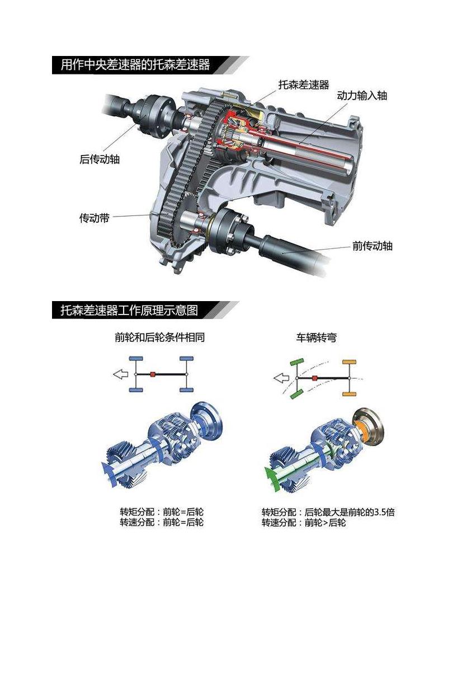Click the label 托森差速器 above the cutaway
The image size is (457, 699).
304,85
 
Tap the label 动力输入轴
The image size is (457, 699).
362,95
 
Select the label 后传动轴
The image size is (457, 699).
100,159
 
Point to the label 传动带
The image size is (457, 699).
95,218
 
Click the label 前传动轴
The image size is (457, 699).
372,246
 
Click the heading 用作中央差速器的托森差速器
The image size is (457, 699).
135,65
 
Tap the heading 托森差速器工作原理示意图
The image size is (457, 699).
129,310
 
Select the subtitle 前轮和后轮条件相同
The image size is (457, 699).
160,337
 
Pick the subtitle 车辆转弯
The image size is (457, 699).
316,337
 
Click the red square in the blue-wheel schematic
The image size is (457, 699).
153,374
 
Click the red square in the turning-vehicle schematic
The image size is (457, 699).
315,378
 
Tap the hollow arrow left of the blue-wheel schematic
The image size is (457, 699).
120,374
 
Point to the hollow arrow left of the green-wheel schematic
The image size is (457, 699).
281,378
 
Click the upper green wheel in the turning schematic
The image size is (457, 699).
297,362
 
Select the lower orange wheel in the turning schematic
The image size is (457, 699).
350,394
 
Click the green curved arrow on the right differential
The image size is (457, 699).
271,479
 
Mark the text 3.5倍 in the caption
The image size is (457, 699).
384,512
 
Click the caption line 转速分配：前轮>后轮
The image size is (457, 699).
304,523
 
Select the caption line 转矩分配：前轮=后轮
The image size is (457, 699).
162,512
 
